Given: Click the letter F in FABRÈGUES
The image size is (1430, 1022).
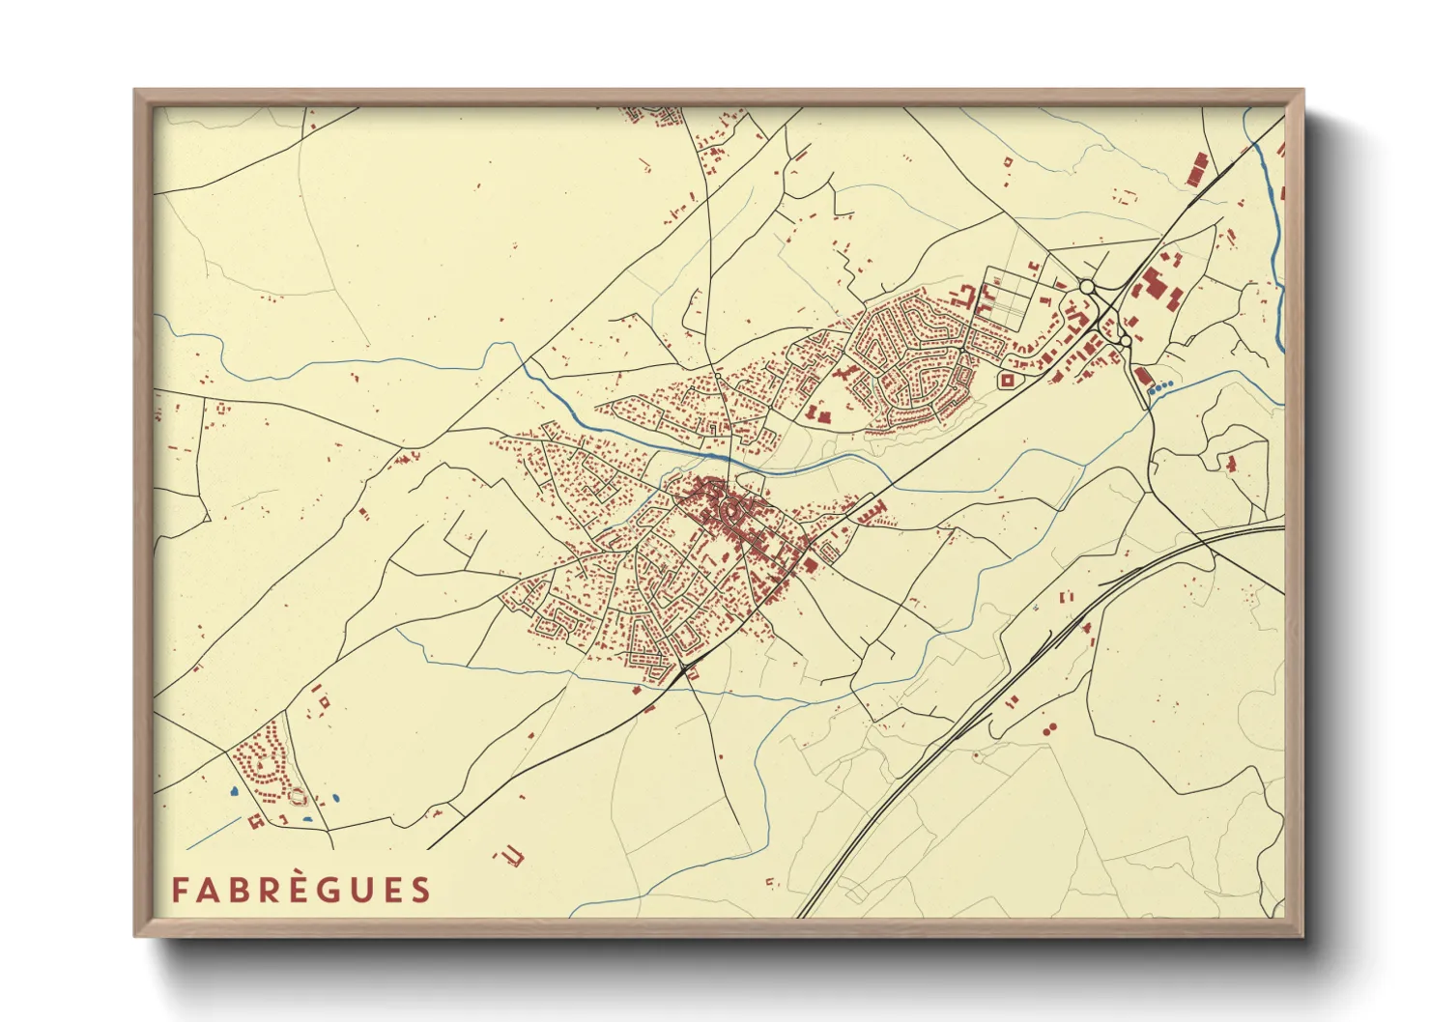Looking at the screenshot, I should pyautogui.click(x=180, y=890).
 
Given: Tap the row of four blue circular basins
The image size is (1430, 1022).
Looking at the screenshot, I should pyautogui.click(x=1160, y=386).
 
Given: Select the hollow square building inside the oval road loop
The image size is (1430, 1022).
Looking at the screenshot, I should pyautogui.click(x=1008, y=380).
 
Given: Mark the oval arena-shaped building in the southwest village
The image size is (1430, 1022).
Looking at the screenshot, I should pyautogui.click(x=299, y=797).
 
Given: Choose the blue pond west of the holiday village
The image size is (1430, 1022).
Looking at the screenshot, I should pyautogui.click(x=234, y=792).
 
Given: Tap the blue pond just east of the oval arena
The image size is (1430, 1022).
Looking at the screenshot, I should pyautogui.click(x=335, y=799).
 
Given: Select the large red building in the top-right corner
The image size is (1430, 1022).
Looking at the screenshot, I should pyautogui.click(x=1197, y=168).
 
